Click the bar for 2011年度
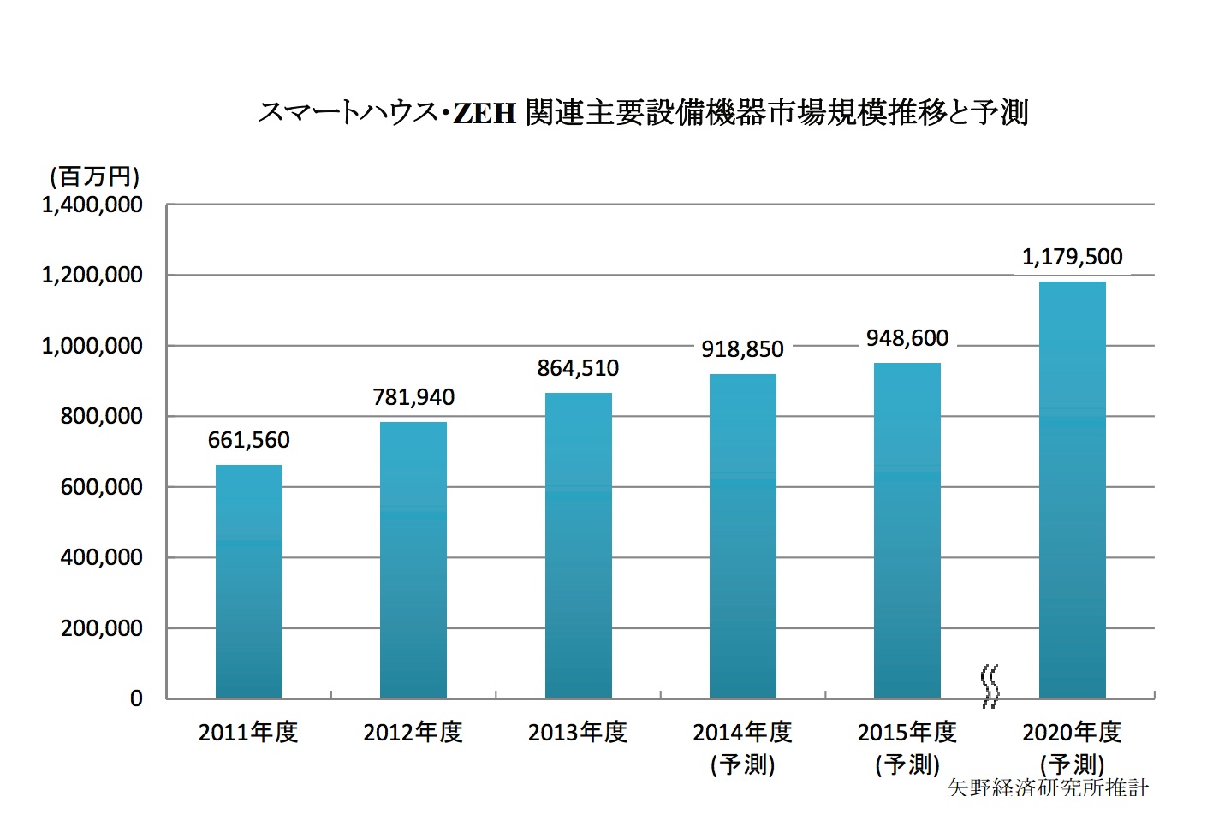point(248,582)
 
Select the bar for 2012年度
point(413,561)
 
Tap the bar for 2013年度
point(579,546)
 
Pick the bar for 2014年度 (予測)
point(743,537)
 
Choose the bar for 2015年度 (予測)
point(907,531)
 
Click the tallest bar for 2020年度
point(1073,490)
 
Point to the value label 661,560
point(248,440)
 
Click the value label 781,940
point(413,397)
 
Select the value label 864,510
point(579,368)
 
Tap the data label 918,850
point(743,349)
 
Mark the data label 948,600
point(907,338)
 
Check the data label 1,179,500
point(1073,257)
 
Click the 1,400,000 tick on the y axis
point(92,205)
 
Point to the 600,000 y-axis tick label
point(101,487)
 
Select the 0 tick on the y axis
point(136,698)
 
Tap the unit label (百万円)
point(94,176)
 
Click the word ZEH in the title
point(484,113)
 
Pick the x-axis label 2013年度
point(578,733)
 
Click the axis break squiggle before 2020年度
point(990,686)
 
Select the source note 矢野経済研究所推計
point(1049,787)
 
